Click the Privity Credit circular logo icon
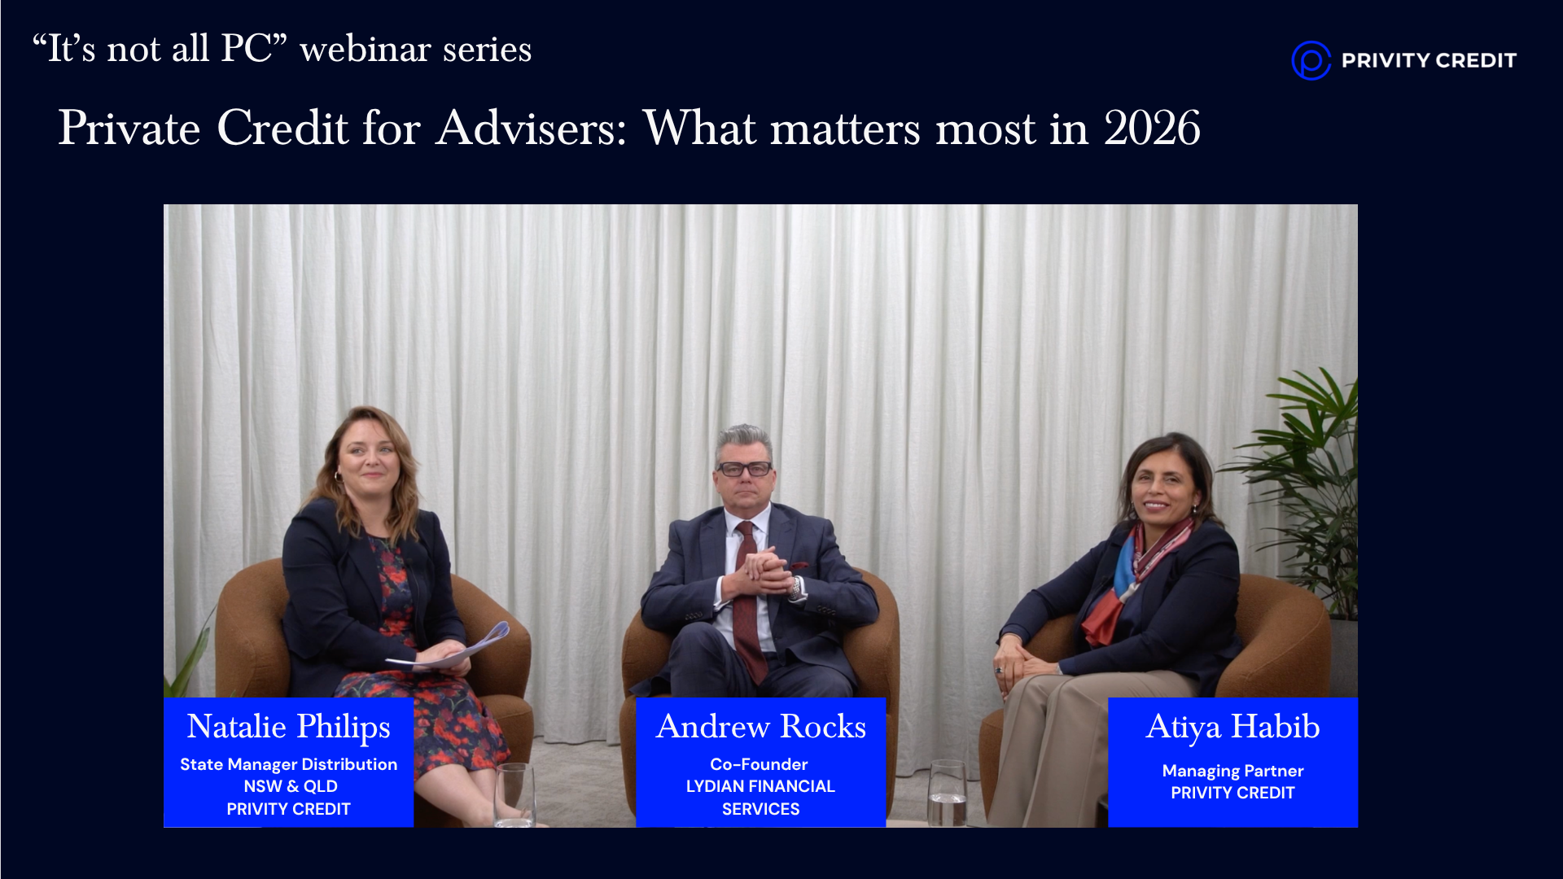[1311, 60]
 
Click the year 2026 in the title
[1152, 129]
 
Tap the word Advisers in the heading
[531, 129]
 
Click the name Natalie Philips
[289, 727]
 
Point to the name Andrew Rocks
[761, 726]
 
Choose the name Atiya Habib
[1233, 727]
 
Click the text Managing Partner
[1232, 771]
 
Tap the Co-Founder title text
[759, 764]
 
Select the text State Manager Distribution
[288, 764]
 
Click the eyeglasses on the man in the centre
[744, 469]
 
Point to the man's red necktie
[748, 602]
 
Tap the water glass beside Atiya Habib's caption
[948, 793]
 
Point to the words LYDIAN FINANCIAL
[760, 786]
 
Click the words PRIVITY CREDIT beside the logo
[1429, 60]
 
